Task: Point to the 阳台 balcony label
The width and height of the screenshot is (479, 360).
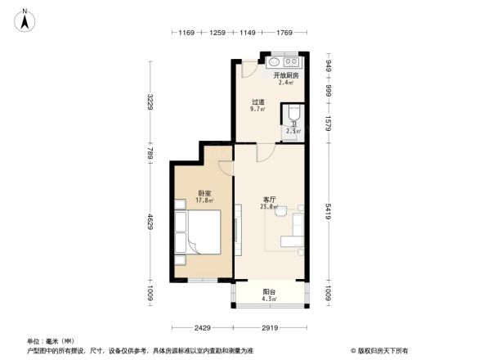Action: click(269, 292)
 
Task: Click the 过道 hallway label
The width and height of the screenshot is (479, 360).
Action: click(257, 102)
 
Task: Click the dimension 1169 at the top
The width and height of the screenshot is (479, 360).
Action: click(186, 33)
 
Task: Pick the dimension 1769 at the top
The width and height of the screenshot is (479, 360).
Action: click(284, 33)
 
